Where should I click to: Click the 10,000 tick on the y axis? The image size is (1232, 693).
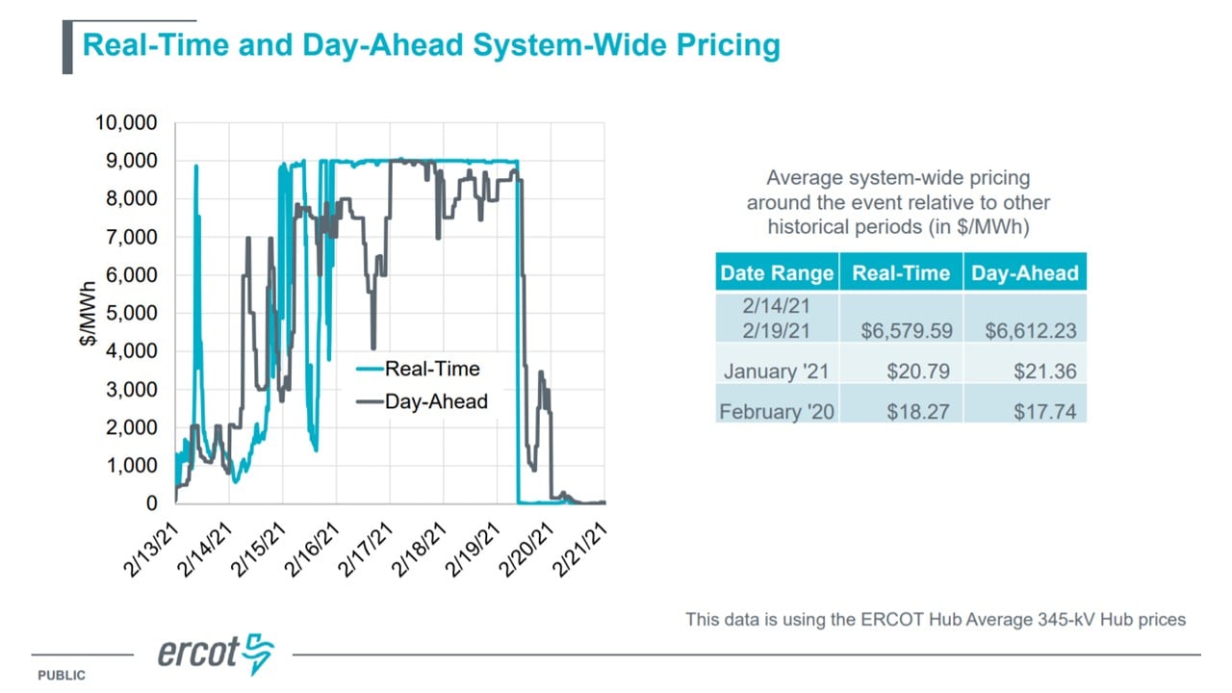(126, 122)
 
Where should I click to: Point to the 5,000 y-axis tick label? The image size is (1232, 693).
(132, 313)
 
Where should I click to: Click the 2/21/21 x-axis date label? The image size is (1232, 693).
(580, 550)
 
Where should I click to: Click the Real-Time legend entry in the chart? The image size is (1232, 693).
(418, 369)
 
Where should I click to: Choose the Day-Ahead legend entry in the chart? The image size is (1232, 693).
(422, 401)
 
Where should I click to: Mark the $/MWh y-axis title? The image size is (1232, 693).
(88, 314)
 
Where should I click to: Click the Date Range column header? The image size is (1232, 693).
(777, 272)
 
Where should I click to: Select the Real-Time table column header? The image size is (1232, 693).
(901, 272)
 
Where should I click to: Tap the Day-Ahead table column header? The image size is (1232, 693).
(1025, 272)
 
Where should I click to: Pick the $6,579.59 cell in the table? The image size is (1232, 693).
(907, 330)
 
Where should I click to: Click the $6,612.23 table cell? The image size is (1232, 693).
(1031, 330)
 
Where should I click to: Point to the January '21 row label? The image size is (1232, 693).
(776, 372)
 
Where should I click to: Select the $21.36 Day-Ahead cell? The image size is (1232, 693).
(1045, 372)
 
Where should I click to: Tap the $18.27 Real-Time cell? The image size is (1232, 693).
(918, 411)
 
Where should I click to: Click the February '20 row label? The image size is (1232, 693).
(777, 411)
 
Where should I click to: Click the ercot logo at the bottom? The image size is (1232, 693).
(216, 654)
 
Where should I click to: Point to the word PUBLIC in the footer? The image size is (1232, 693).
(62, 676)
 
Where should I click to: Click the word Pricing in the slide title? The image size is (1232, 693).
(729, 45)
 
